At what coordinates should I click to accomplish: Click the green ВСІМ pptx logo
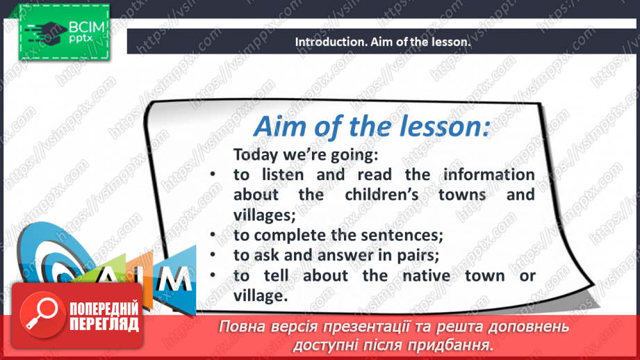tap(64, 32)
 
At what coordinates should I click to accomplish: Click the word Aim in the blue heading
tap(279, 126)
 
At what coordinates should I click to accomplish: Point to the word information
tap(489, 174)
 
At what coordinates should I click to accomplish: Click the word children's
tap(381, 195)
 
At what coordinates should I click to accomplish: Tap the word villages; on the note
tap(265, 215)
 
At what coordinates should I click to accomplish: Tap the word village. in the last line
tap(261, 296)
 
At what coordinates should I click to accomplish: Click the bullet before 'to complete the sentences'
tap(213, 234)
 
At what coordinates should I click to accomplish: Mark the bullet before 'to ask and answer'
tap(213, 254)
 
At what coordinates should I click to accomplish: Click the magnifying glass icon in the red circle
tap(42, 314)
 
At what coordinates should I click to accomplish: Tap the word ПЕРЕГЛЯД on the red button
tap(104, 325)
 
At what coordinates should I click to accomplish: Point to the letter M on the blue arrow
tap(177, 279)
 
